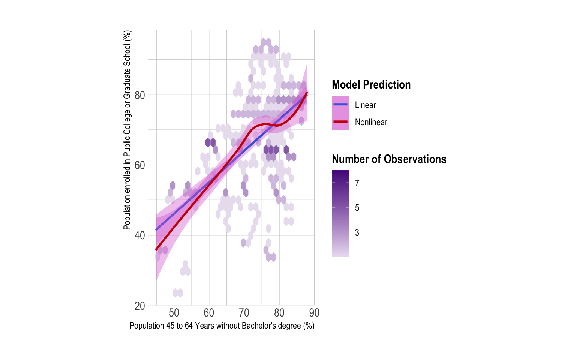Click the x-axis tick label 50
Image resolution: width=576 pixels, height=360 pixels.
click(x=174, y=312)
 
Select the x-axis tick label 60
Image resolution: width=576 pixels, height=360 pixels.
click(x=209, y=312)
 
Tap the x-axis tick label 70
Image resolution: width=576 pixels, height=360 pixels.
click(x=244, y=312)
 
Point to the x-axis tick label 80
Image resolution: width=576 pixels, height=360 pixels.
click(x=279, y=312)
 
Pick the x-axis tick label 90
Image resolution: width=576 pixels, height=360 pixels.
click(x=314, y=312)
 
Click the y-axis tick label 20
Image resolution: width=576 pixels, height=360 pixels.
click(x=140, y=306)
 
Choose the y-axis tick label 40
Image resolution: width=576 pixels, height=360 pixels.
click(x=140, y=235)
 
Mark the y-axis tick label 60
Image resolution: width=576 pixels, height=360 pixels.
click(x=140, y=165)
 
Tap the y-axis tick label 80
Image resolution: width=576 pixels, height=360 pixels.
click(x=140, y=95)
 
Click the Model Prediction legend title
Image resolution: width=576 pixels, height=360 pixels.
click(x=371, y=85)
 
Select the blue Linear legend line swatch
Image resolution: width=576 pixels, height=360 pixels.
click(x=340, y=104)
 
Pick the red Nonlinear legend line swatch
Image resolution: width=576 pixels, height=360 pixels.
click(x=340, y=121)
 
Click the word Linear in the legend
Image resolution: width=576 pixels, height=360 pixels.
click(x=365, y=105)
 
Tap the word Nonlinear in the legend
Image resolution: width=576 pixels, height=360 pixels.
click(x=371, y=122)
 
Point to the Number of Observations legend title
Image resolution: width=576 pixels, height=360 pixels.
click(x=389, y=159)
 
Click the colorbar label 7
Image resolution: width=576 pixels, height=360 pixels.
click(x=357, y=183)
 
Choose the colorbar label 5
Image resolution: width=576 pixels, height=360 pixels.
click(x=357, y=208)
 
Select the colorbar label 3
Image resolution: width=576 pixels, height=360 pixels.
click(x=357, y=232)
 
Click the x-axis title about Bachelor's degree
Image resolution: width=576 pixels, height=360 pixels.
click(x=222, y=325)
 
